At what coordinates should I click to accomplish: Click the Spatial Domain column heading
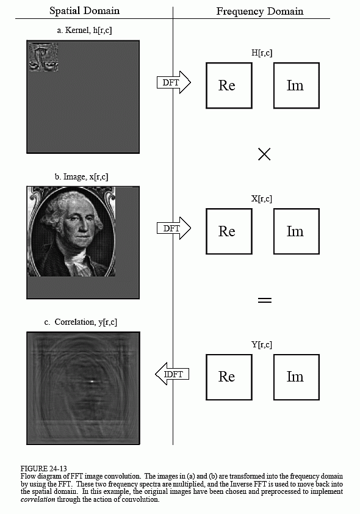click(85, 11)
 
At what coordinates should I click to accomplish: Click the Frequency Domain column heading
click(260, 12)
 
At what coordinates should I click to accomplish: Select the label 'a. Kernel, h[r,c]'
click(84, 31)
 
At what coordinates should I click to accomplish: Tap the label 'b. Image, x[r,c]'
click(82, 177)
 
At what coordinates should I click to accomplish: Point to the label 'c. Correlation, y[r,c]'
click(81, 322)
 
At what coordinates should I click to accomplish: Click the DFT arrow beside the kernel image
click(174, 82)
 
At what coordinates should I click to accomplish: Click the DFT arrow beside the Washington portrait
click(174, 228)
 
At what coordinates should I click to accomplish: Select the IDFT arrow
click(172, 374)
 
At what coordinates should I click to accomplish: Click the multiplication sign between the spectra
click(264, 154)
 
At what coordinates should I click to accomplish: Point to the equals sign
click(265, 300)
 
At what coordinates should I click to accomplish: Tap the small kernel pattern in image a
click(43, 56)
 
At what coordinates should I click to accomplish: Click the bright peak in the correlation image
click(92, 382)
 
